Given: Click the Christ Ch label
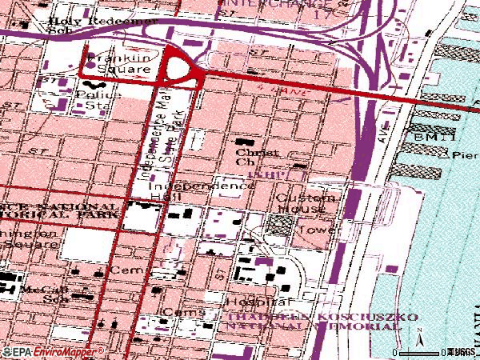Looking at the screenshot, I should point(257,156).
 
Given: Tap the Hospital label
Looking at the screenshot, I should point(258,302).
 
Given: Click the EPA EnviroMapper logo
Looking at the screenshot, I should point(52,351).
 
